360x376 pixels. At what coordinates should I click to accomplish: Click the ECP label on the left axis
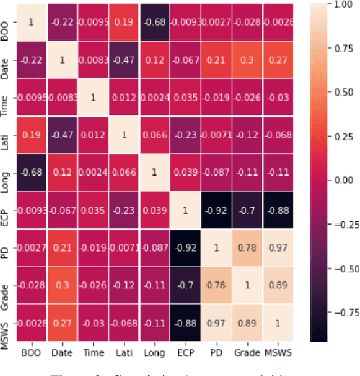point(5,210)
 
